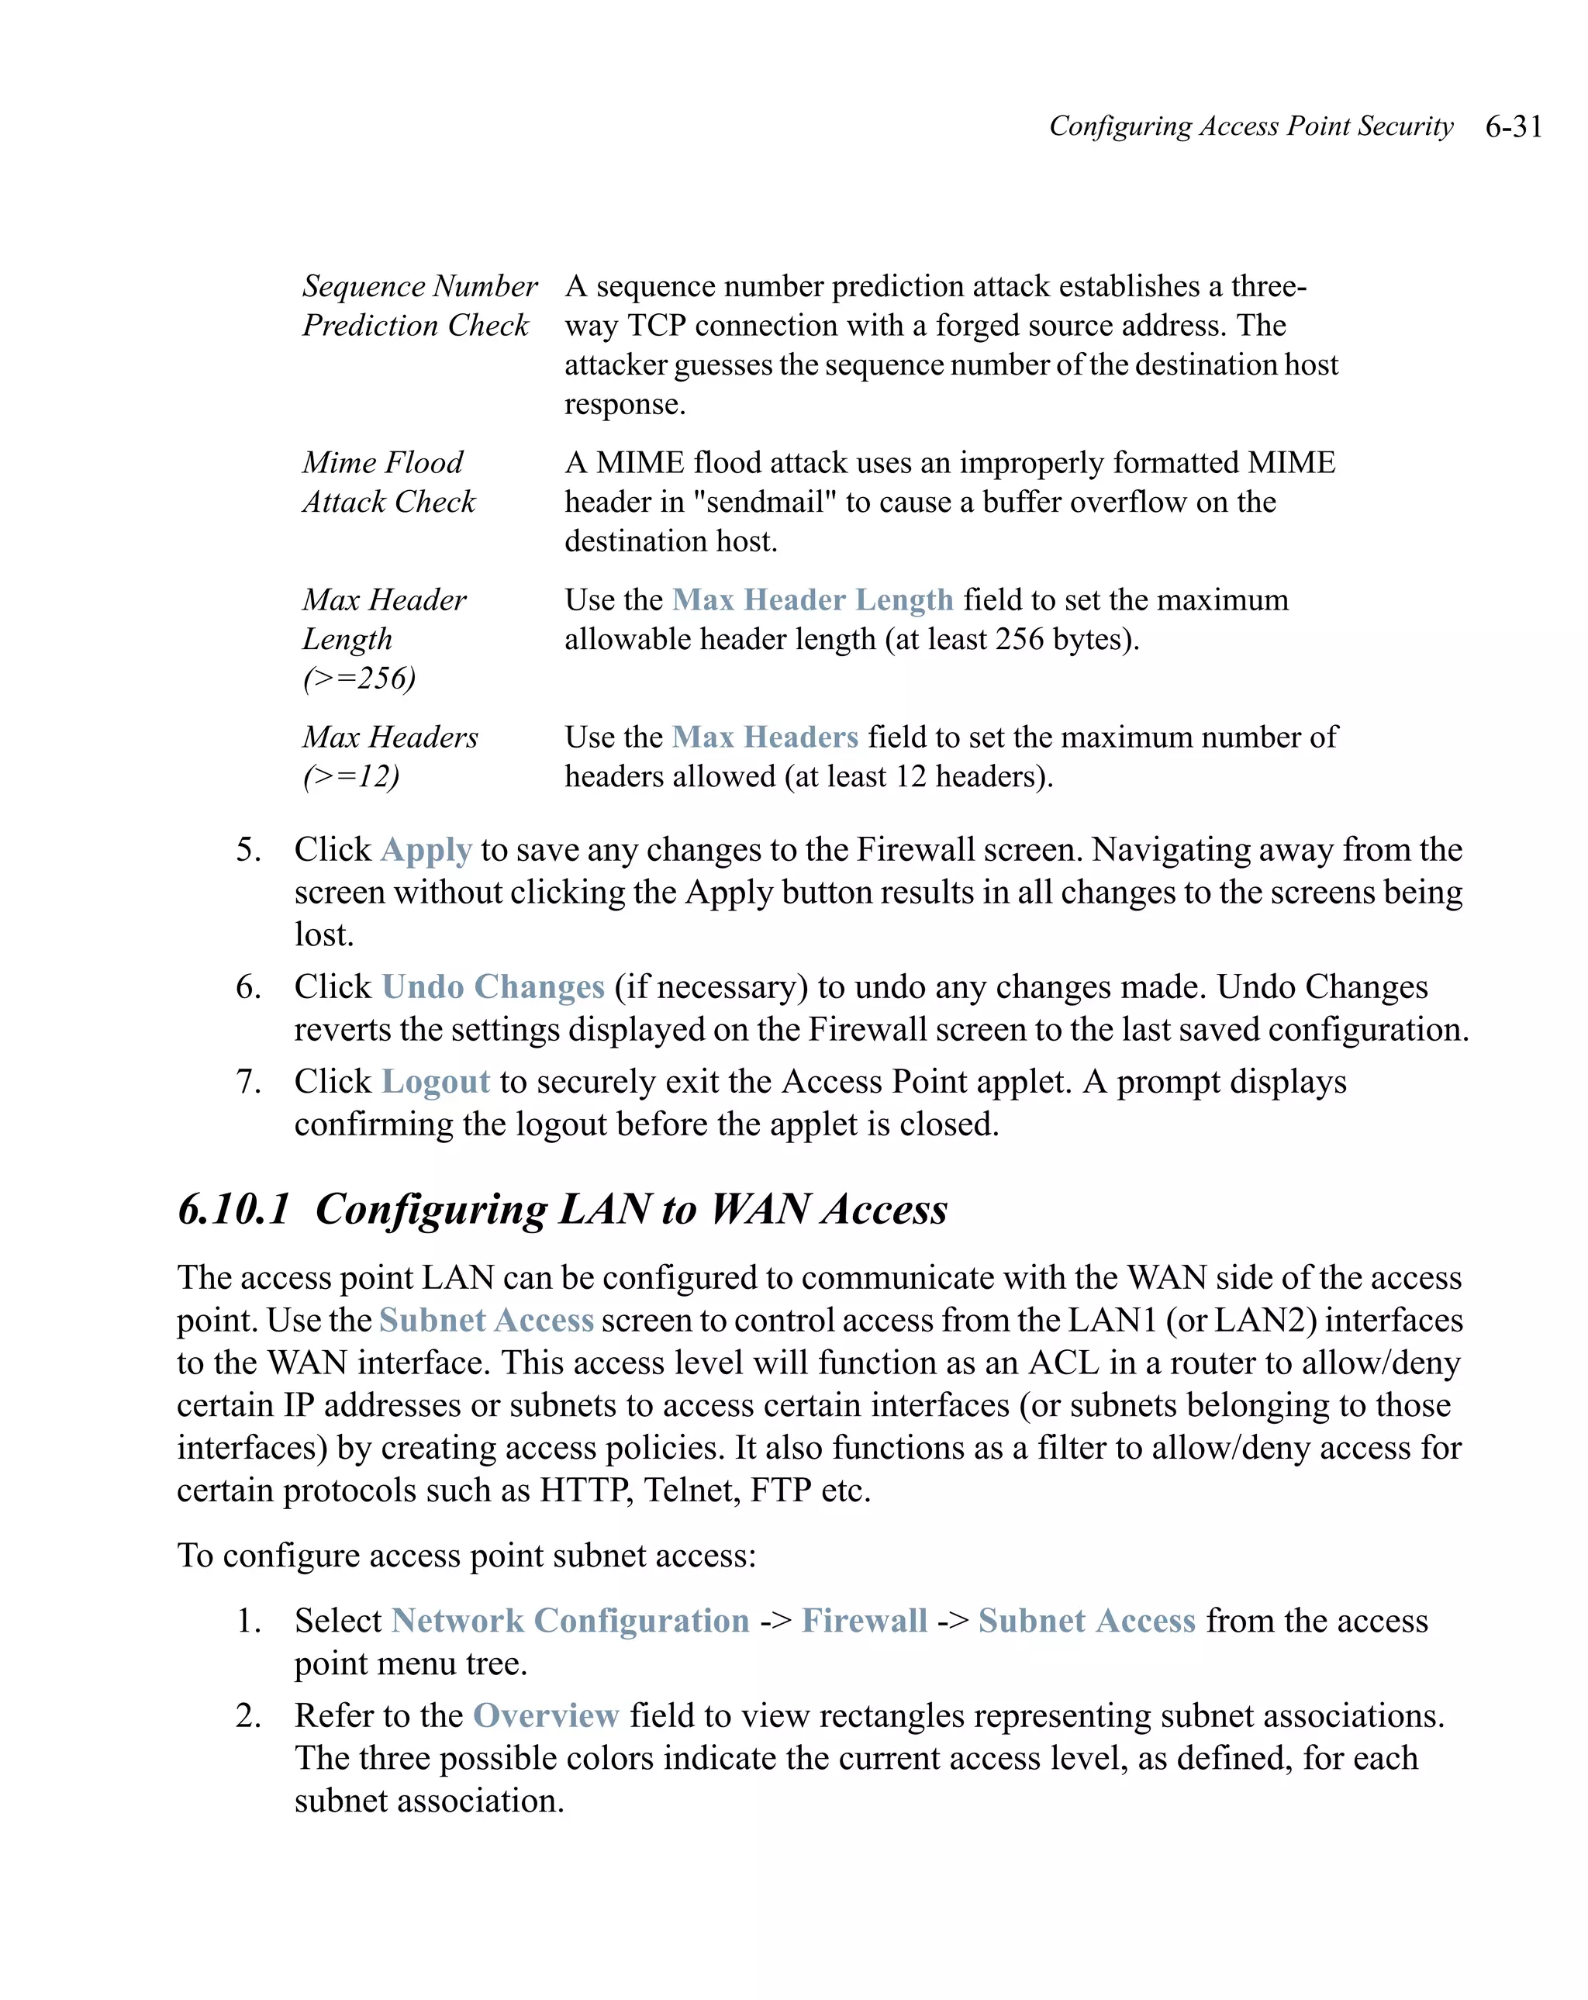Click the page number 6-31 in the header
1513,126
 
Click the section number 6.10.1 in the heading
233,1209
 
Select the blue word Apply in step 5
426,850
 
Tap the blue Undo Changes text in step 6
492,986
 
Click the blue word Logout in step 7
435,1082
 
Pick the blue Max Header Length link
812,600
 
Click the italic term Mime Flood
382,462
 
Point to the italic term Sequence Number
419,285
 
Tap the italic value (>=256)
359,678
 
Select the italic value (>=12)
350,775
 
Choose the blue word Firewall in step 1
864,1621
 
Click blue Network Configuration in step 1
570,1621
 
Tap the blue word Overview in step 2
545,1715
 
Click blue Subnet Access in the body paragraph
486,1320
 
